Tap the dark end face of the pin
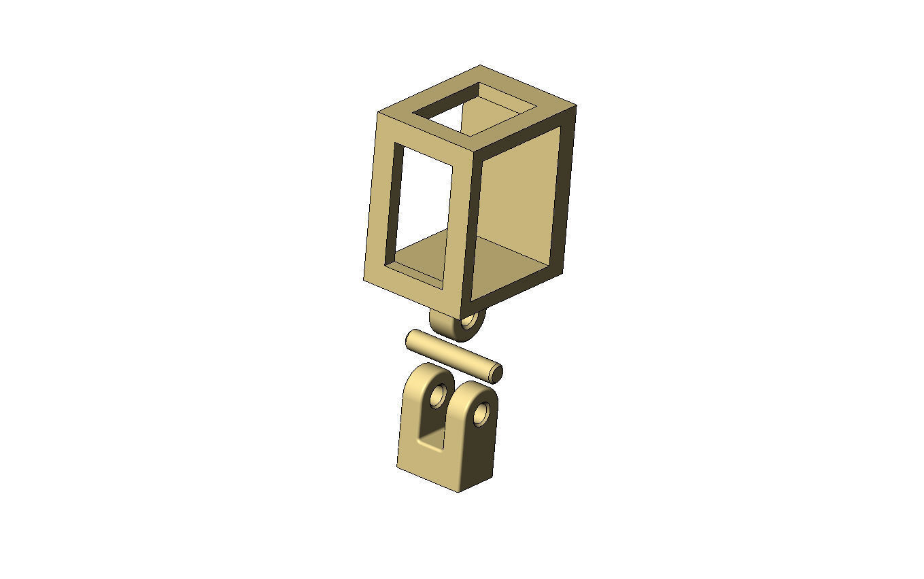point(496,373)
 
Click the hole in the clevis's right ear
point(481,413)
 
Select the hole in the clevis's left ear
point(437,395)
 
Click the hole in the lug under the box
point(468,318)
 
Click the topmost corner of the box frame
point(481,66)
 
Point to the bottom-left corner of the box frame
point(364,279)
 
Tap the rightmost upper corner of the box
point(576,107)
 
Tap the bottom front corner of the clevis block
point(458,491)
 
